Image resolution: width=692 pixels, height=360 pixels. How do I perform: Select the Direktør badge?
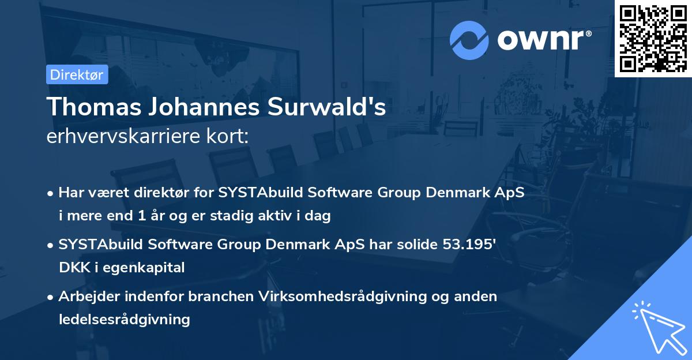click(77, 74)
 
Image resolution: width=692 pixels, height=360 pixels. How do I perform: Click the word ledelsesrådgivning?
click(124, 319)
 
